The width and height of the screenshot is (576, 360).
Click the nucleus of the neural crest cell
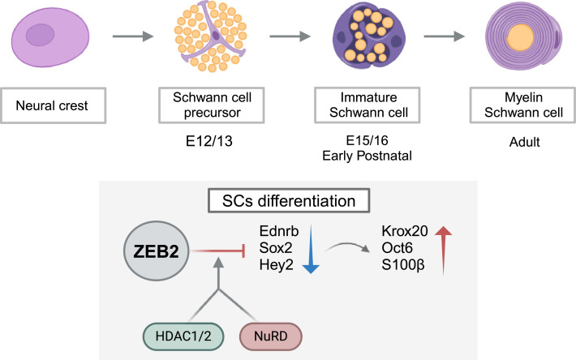pos(38,35)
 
